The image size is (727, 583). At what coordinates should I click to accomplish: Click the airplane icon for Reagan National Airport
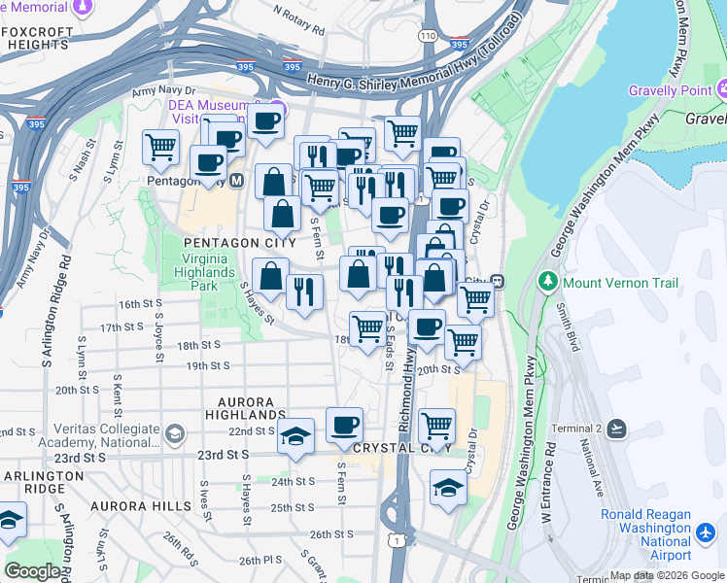(x=707, y=532)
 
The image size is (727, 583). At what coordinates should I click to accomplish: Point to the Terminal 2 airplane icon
(x=617, y=429)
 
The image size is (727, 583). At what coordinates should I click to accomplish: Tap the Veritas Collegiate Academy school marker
(x=175, y=432)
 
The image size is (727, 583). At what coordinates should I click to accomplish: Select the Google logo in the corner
(x=32, y=571)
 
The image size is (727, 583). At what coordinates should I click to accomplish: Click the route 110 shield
(x=429, y=36)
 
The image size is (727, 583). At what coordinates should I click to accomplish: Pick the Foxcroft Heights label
(x=37, y=37)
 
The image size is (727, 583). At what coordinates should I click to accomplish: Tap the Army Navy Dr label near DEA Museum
(x=157, y=89)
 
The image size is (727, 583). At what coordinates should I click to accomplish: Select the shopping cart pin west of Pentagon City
(x=160, y=148)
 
